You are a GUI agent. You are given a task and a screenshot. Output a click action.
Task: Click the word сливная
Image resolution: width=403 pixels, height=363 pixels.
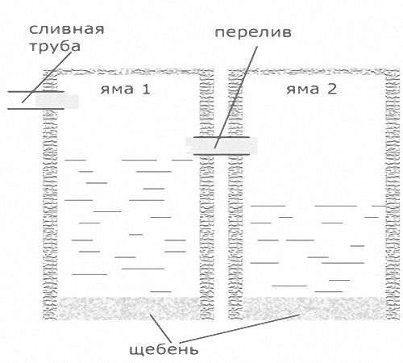pos(66,29)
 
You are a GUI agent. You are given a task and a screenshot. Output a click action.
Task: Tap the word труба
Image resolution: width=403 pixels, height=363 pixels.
pos(55,46)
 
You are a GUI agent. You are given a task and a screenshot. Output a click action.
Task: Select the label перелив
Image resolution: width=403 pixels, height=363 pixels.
pos(253,32)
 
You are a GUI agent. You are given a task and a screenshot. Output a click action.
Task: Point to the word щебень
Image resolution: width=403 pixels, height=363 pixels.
pos(164,350)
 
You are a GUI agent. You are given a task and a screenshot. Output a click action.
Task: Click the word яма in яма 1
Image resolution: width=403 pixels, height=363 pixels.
pos(117,90)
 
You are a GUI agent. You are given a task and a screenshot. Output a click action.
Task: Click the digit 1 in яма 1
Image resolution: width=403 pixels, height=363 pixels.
pos(146,89)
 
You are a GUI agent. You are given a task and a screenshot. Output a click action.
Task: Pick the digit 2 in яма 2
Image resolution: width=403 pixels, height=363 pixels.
pos(332,89)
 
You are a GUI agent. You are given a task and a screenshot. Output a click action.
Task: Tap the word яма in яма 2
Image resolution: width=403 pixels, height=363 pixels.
pos(303,90)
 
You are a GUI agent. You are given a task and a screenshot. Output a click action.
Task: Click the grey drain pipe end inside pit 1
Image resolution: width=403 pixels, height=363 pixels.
pos(57,101)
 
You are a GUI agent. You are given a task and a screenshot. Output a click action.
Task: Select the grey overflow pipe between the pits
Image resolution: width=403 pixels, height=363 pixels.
pos(222,146)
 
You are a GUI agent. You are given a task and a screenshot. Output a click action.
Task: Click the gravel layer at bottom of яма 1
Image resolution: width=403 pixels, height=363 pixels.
pos(129,308)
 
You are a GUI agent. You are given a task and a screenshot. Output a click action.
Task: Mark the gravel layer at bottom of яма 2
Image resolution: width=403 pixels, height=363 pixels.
pos(314,308)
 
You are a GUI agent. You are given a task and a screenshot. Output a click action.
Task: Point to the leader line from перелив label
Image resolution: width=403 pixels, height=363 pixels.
pos(236,97)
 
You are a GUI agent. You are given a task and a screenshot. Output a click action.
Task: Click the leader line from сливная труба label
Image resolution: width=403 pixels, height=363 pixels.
pos(47,77)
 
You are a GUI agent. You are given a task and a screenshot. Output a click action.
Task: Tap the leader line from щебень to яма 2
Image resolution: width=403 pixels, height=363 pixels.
pos(239,328)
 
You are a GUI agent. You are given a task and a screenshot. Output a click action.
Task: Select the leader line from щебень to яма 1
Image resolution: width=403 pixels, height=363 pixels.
pos(160,328)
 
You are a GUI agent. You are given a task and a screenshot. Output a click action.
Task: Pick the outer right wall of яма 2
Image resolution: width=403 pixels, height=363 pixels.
pos(393,194)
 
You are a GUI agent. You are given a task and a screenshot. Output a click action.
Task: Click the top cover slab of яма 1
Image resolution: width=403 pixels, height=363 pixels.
pos(129,72)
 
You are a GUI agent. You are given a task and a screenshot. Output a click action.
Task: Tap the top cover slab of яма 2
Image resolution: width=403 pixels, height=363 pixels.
pos(314,72)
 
